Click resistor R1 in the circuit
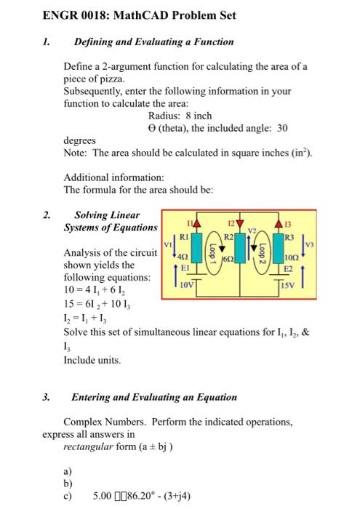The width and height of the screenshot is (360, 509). point(186,236)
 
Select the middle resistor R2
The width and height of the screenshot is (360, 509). point(228,236)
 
